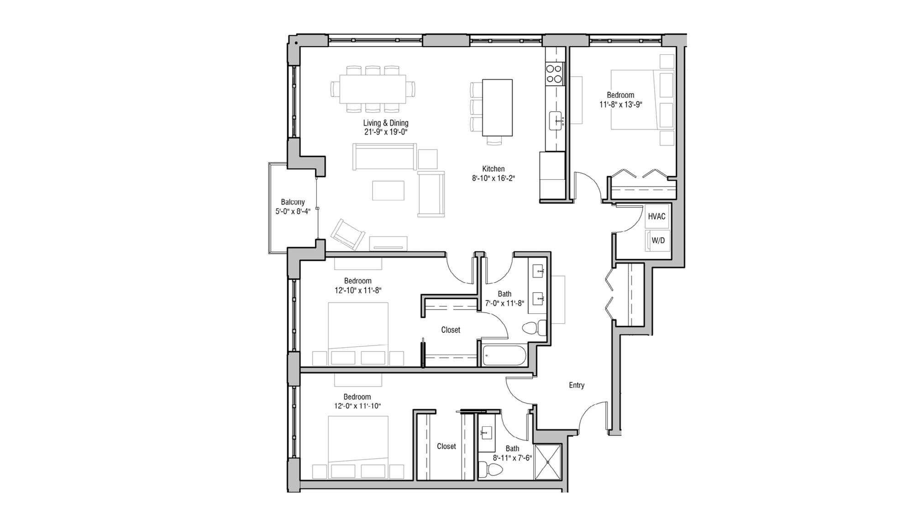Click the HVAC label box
click(x=656, y=217)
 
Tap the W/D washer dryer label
click(x=658, y=241)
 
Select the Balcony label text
click(x=293, y=202)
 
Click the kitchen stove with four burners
click(x=554, y=74)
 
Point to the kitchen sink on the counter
click(x=556, y=121)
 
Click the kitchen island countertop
click(x=498, y=107)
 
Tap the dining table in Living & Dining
click(x=373, y=89)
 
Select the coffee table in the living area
click(x=388, y=190)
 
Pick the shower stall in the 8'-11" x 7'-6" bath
click(x=547, y=462)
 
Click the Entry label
click(x=576, y=385)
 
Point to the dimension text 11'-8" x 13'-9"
click(x=620, y=105)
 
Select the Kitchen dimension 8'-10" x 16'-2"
click(x=493, y=178)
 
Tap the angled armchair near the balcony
click(x=347, y=234)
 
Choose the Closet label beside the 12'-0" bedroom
click(x=446, y=446)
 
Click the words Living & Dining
click(x=386, y=123)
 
